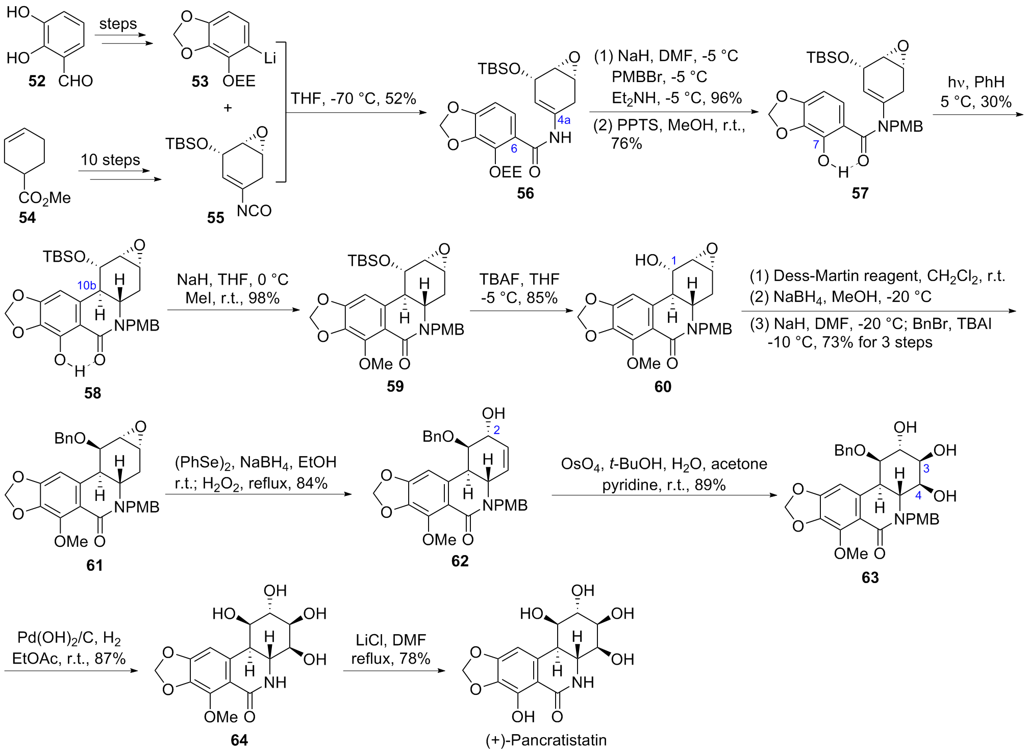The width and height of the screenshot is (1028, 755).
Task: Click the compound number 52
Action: click(x=37, y=81)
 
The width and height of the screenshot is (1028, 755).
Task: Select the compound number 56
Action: click(x=525, y=193)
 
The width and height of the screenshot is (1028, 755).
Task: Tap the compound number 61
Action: click(x=94, y=565)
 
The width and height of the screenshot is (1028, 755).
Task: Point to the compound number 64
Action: click(x=239, y=740)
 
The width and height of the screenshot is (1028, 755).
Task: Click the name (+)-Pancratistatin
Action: click(x=546, y=740)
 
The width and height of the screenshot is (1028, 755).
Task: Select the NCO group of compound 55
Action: click(x=254, y=211)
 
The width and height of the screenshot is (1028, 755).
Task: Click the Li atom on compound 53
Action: click(x=270, y=58)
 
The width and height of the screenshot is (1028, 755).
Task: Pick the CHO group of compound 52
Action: click(x=76, y=81)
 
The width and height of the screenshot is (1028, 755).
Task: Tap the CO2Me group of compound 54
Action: click(x=44, y=198)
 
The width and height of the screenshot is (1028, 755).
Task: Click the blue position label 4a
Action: click(x=564, y=120)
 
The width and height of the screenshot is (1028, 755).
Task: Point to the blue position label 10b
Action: click(x=87, y=286)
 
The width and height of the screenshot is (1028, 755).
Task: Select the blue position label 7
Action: click(x=816, y=145)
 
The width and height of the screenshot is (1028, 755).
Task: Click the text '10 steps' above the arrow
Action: click(x=110, y=160)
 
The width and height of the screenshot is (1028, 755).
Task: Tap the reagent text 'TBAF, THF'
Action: click(x=519, y=280)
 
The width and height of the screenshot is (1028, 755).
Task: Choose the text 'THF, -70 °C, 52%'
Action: click(x=353, y=98)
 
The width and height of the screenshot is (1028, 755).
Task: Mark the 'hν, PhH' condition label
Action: click(x=975, y=82)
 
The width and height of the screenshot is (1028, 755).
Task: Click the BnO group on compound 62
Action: click(x=438, y=437)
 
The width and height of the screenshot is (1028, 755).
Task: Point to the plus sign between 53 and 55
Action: click(x=228, y=108)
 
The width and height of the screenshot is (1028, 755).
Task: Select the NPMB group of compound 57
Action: click(x=900, y=127)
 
